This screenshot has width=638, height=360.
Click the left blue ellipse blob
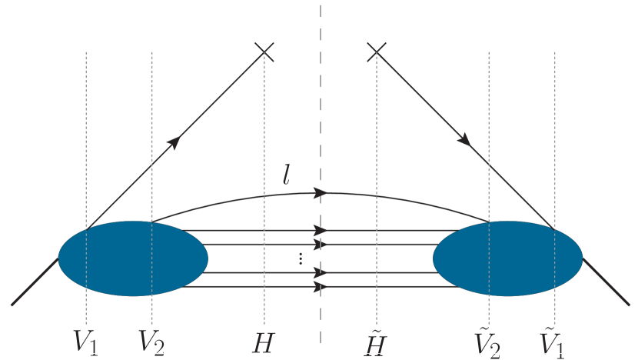133,258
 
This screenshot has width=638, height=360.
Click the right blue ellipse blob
507,258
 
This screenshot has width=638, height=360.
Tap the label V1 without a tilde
85,341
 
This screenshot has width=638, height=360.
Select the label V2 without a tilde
151,341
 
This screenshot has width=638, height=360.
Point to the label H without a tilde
264,342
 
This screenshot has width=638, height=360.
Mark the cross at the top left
264,52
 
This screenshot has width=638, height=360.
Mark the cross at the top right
376,52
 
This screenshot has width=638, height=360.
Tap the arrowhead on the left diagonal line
175,141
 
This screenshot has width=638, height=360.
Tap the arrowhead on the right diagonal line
464,140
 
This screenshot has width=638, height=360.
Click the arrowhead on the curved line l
322,192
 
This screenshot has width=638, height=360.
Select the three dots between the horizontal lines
301,258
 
